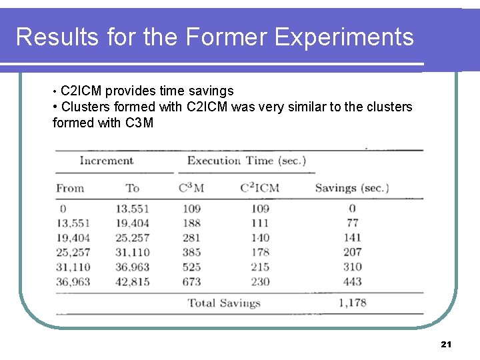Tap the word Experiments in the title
(x=344, y=37)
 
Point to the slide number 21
(x=446, y=344)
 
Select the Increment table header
(x=107, y=161)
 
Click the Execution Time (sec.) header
(x=246, y=161)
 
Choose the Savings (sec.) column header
(x=351, y=188)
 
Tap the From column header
(x=70, y=188)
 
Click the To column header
(x=133, y=188)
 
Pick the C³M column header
(x=191, y=188)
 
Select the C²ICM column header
(x=259, y=188)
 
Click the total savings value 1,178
(x=352, y=303)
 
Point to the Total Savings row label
(x=223, y=303)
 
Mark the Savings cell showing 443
(x=352, y=281)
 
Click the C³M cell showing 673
(x=191, y=281)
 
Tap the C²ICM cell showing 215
(x=259, y=267)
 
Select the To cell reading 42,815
(x=132, y=281)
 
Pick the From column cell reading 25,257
(x=73, y=252)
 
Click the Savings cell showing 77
(x=352, y=223)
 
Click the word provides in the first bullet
(x=129, y=91)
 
